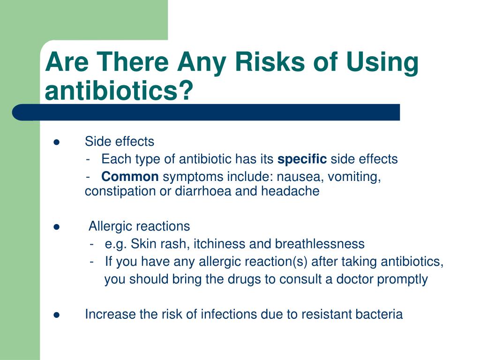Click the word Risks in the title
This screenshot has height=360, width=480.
tap(270, 62)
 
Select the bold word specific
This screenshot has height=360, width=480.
tap(302, 159)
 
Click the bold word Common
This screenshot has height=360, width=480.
tap(130, 177)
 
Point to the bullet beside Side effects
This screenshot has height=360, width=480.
tap(56, 142)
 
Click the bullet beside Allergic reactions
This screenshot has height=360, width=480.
tap(56, 227)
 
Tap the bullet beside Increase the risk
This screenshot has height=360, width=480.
tap(56, 315)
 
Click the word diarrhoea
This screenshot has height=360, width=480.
tap(203, 191)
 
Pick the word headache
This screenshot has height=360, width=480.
tap(290, 191)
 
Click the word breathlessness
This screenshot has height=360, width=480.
tap(320, 244)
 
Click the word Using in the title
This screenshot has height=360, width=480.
tap(382, 63)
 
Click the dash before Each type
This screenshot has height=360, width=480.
tap(88, 160)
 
